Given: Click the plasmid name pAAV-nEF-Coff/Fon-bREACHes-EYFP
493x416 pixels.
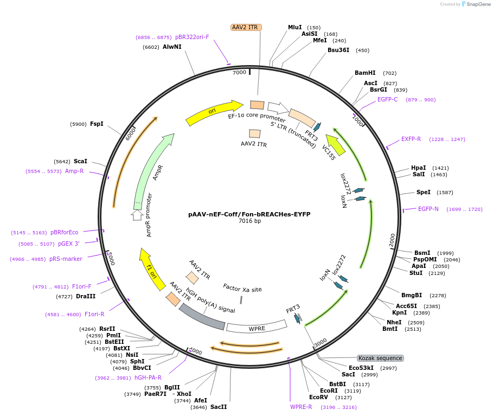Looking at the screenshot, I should pyautogui.click(x=249, y=214).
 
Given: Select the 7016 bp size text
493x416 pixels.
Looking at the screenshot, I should pyautogui.click(x=249, y=221).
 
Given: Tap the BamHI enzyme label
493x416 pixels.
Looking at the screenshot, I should pyautogui.click(x=365, y=73).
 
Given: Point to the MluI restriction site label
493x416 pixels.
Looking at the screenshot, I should pyautogui.click(x=294, y=27).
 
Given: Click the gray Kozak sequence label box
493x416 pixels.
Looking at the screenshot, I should pyautogui.click(x=380, y=358).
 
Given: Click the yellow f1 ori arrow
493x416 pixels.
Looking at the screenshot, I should pyautogui.click(x=152, y=268).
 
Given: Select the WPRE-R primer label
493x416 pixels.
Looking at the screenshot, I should pyautogui.click(x=301, y=407).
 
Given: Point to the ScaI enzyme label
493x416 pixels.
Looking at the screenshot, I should pyautogui.click(x=80, y=161).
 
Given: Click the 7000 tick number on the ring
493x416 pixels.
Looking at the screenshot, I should pyautogui.click(x=239, y=72).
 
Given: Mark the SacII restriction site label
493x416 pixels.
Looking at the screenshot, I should pyautogui.click(x=219, y=407).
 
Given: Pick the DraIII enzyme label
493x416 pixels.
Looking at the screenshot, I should pyautogui.click(x=86, y=296).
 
